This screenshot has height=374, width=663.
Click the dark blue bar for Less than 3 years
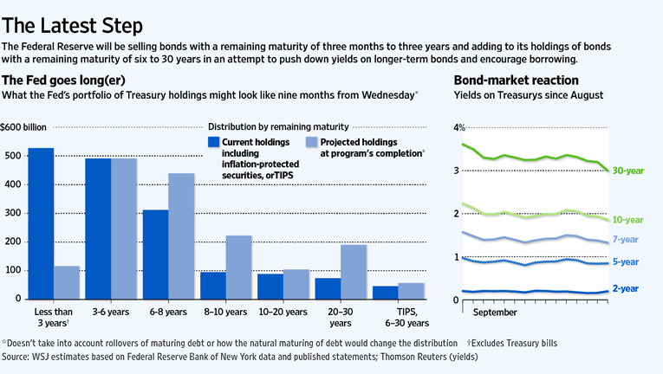click(x=41, y=223)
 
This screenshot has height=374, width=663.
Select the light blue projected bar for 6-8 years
click(x=180, y=235)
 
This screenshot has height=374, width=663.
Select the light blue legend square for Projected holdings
click(x=313, y=142)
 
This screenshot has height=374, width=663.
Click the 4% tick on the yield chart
click(x=460, y=128)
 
